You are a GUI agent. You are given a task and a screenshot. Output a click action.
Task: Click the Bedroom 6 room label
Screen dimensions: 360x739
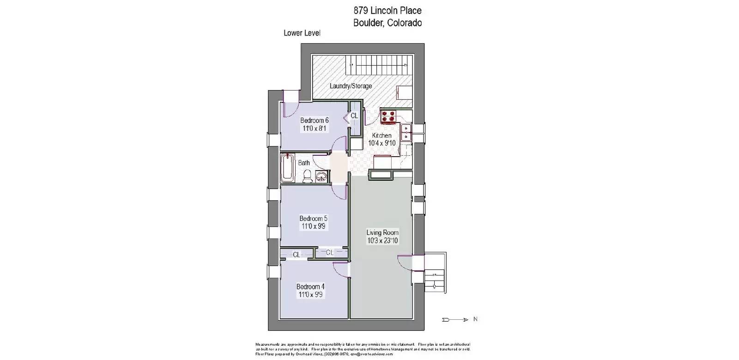tap(314, 121)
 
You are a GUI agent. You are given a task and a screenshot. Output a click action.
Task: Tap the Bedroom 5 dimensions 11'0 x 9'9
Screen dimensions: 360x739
tap(314, 226)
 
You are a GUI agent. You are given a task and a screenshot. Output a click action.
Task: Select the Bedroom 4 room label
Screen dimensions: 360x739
tap(310, 287)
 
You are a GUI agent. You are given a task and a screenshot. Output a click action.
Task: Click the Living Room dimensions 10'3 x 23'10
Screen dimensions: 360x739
tap(382, 241)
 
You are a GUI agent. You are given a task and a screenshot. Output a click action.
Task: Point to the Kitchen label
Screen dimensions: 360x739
tap(382, 135)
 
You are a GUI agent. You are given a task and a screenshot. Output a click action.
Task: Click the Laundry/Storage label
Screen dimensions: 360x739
tap(351, 86)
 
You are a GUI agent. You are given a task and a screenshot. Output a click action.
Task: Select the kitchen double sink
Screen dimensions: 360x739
tap(406, 132)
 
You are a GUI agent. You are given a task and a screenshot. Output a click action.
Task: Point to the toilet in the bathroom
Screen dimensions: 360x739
tap(307, 176)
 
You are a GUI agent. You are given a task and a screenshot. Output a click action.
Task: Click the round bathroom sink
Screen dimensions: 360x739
tap(321, 176)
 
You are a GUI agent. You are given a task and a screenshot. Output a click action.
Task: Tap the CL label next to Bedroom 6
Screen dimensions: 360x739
tap(354, 116)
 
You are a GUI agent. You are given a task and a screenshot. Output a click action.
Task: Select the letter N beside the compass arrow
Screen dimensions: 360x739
tap(475, 319)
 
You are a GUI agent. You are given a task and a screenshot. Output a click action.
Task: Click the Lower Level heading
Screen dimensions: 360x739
tap(302, 33)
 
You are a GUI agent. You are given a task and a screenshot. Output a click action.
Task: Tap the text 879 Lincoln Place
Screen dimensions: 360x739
tap(387, 10)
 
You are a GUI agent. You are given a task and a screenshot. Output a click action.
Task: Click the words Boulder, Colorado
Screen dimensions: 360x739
tap(387, 23)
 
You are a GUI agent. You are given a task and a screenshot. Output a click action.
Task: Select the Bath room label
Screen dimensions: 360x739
tap(304, 163)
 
